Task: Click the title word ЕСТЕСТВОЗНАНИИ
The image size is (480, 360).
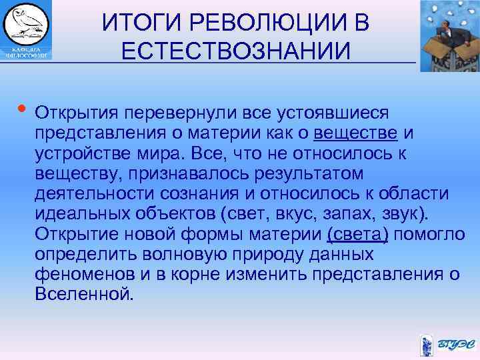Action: coord(235,51)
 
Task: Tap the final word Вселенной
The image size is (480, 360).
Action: coord(84,294)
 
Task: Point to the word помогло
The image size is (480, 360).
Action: coord(435,234)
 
